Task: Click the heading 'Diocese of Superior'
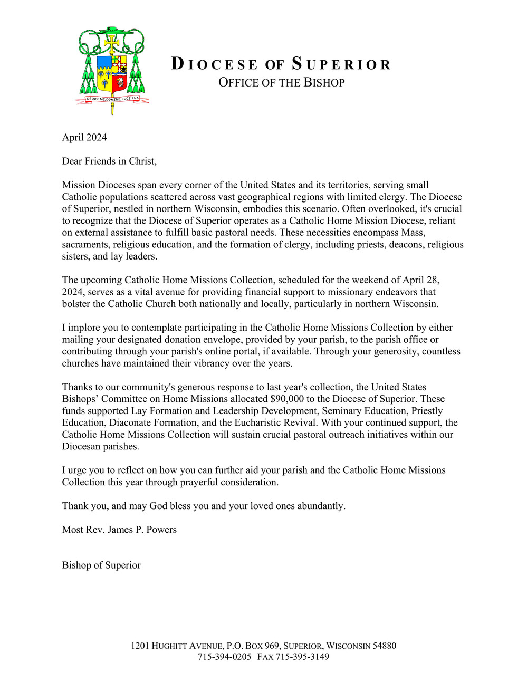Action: pyautogui.click(x=281, y=64)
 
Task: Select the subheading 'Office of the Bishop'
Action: pyautogui.click(x=281, y=83)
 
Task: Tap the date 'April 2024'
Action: pyautogui.click(x=84, y=137)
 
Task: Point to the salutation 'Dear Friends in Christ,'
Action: pyautogui.click(x=109, y=161)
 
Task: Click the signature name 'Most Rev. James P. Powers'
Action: pyautogui.click(x=119, y=530)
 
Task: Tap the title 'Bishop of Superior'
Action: pyautogui.click(x=101, y=565)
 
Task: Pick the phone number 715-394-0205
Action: pyautogui.click(x=224, y=657)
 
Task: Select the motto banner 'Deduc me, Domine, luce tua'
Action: pyautogui.click(x=112, y=99)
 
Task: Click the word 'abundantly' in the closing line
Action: pyautogui.click(x=321, y=506)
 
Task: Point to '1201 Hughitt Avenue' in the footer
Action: pyautogui.click(x=177, y=646)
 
